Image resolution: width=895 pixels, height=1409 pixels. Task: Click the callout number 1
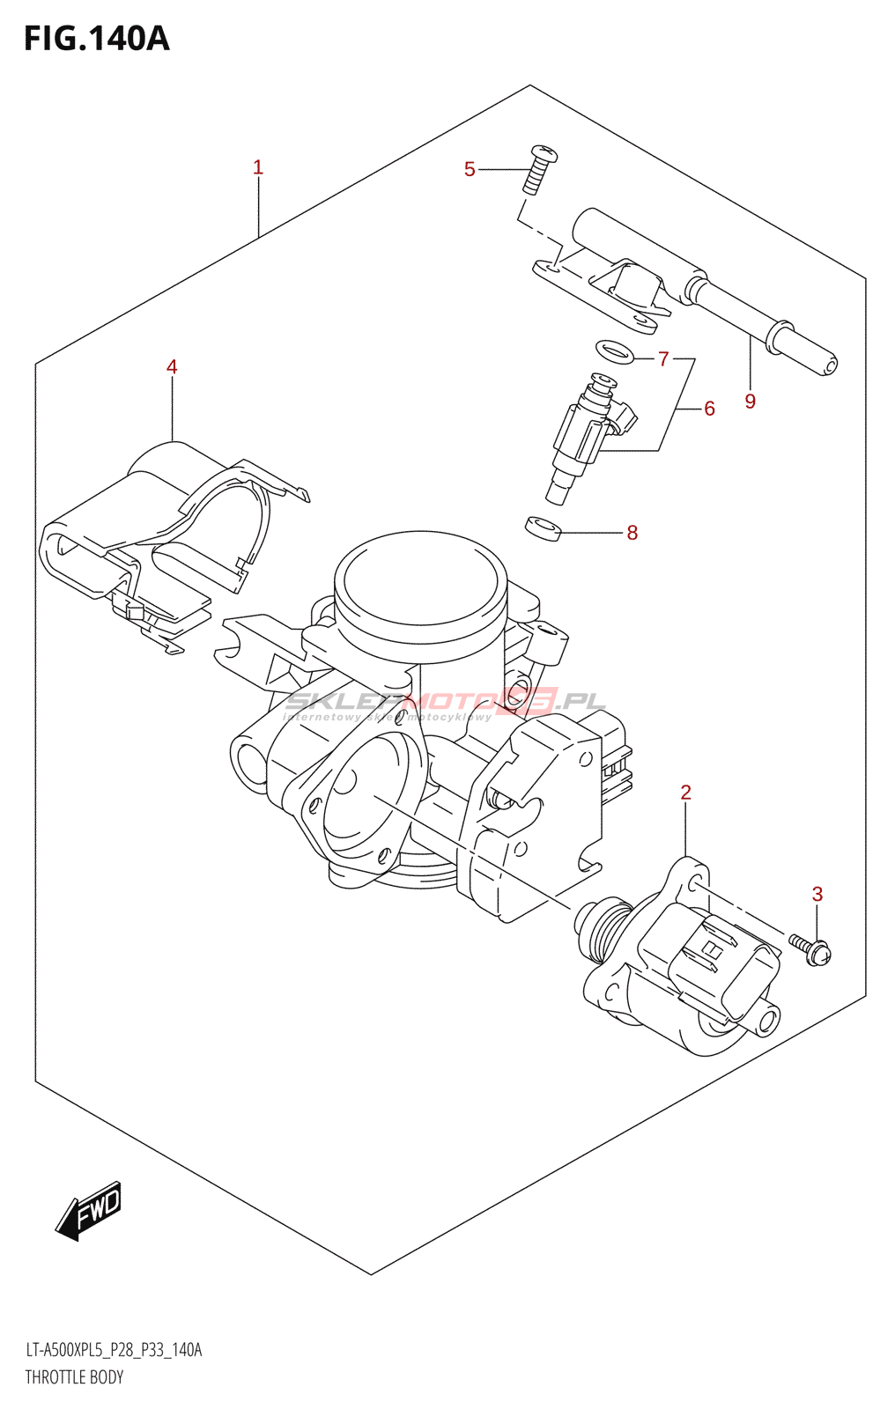(258, 167)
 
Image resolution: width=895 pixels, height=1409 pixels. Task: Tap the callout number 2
(686, 793)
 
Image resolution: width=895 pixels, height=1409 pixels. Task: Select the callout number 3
(817, 895)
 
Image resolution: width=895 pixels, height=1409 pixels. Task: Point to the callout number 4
(172, 367)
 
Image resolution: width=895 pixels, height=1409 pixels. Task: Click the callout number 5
(470, 169)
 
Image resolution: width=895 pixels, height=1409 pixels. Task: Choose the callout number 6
(709, 409)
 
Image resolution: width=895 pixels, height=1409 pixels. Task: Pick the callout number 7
(663, 358)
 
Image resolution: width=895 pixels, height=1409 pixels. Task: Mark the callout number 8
(632, 533)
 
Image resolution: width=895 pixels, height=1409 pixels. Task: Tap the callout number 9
(751, 402)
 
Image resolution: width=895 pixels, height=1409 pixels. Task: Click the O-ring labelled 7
(615, 350)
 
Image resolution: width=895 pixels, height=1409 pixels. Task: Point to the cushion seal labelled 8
(544, 527)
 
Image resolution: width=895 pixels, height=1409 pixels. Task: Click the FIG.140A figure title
(96, 39)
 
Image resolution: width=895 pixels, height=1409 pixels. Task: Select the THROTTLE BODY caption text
(74, 1377)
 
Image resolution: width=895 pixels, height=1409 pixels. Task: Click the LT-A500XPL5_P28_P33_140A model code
(114, 1350)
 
